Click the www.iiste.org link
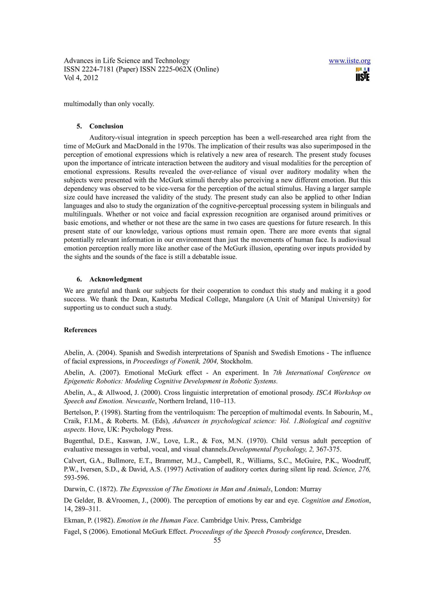click(x=349, y=61)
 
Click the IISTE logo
click(x=363, y=75)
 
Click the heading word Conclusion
click(x=106, y=126)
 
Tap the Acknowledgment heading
click(x=115, y=279)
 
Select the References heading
click(x=80, y=330)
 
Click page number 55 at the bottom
click(x=217, y=540)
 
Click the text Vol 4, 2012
click(x=81, y=78)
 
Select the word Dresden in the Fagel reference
click(x=338, y=532)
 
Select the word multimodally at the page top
click(x=83, y=104)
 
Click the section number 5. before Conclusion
click(x=79, y=126)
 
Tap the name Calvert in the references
click(x=73, y=461)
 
